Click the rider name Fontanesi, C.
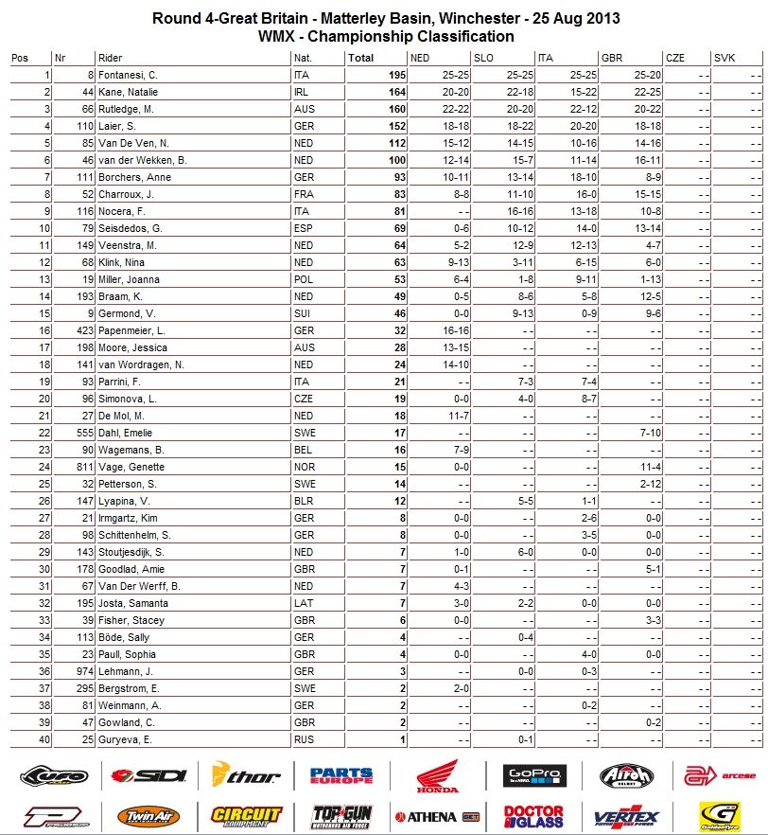pyautogui.click(x=129, y=75)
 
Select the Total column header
pyautogui.click(x=360, y=58)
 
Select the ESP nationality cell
pyautogui.click(x=303, y=228)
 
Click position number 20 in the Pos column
pyautogui.click(x=44, y=399)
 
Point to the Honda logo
pyautogui.click(x=436, y=776)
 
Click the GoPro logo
pyautogui.click(x=534, y=776)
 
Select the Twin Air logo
pyautogui.click(x=147, y=815)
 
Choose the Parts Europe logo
pyautogui.click(x=340, y=776)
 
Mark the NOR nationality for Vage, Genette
pyautogui.click(x=304, y=467)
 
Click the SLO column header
pyautogui.click(x=482, y=58)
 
